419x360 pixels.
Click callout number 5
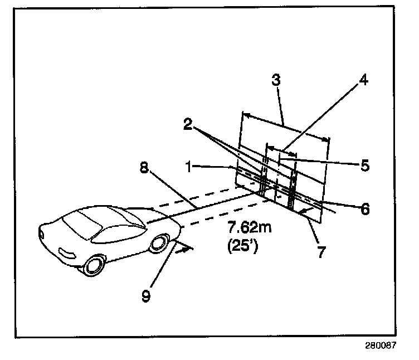tap(363, 166)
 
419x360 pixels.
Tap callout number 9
tap(146, 295)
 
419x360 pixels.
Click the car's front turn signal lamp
tap(65, 254)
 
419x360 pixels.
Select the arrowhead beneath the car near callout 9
tap(186, 249)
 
